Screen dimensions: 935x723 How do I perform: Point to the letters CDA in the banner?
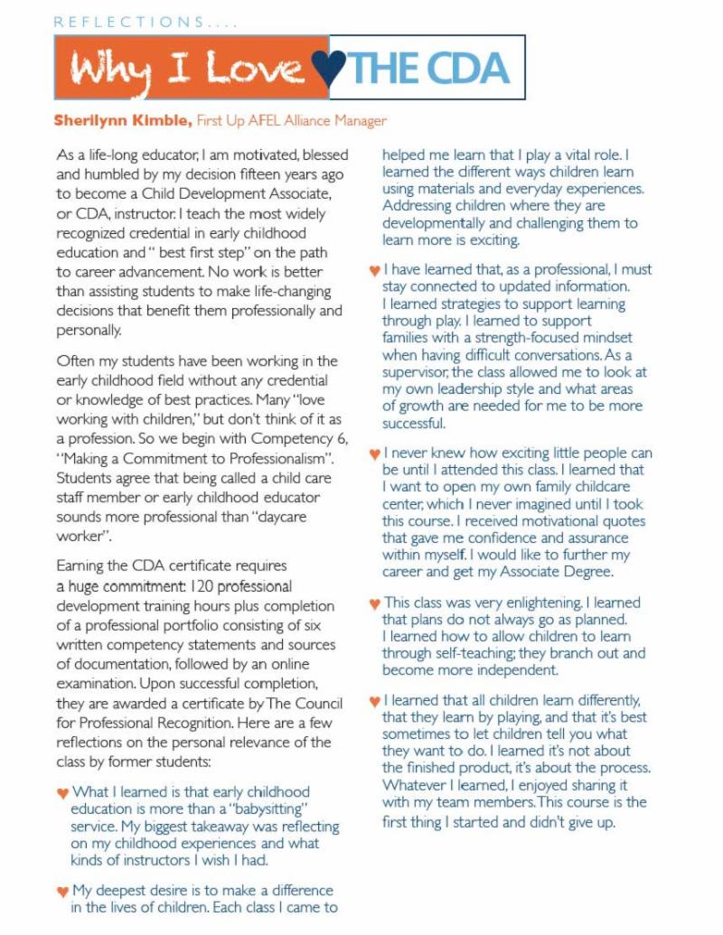point(465,69)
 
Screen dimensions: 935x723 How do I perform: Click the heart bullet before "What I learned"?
point(61,793)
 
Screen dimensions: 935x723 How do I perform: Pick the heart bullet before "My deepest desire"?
point(61,892)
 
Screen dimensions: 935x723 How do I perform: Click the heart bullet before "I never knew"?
point(374,453)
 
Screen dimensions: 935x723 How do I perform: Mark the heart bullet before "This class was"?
point(374,603)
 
